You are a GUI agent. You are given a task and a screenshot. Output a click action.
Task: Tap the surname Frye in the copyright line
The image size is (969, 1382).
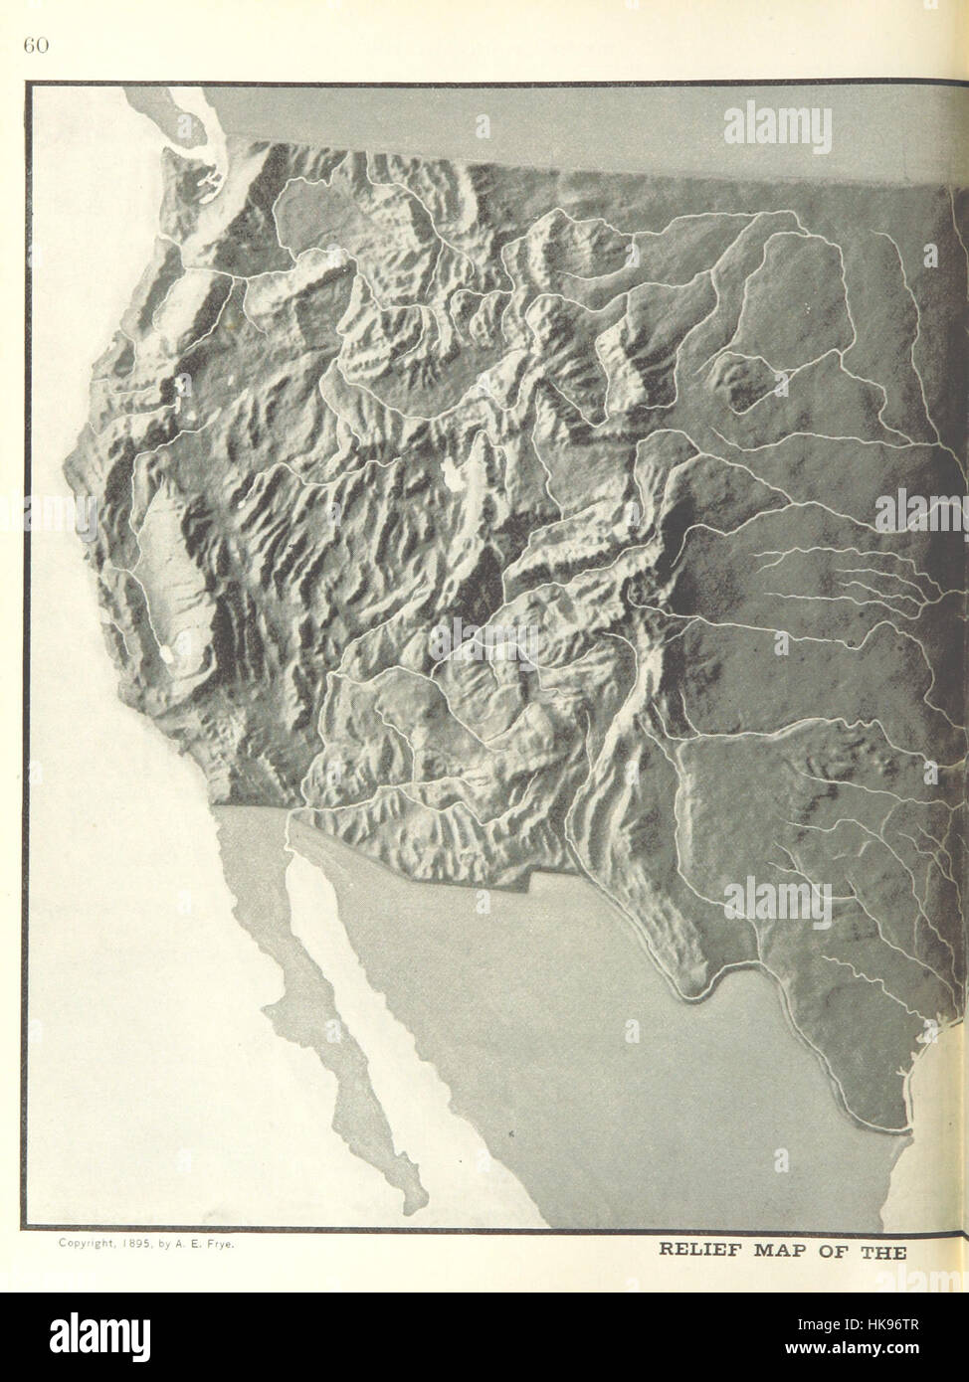pyautogui.click(x=219, y=1243)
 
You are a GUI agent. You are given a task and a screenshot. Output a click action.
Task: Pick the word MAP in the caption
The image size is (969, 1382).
pyautogui.click(x=788, y=1251)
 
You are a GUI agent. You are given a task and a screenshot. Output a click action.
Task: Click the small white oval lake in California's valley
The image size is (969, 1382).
pyautogui.click(x=165, y=654)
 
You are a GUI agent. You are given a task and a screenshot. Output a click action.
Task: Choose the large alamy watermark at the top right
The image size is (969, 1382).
pyautogui.click(x=776, y=129)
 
